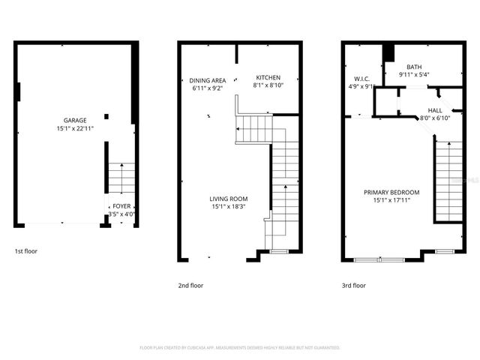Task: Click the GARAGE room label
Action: click(74, 120)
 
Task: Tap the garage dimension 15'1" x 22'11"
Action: click(74, 128)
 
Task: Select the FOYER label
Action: click(121, 206)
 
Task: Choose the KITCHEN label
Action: click(268, 78)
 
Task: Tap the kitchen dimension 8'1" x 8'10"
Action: click(268, 85)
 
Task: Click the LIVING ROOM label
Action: click(228, 198)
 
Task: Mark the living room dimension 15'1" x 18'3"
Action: click(228, 206)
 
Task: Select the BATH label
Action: click(415, 67)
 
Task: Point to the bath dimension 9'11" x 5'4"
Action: click(415, 75)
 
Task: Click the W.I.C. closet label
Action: click(363, 78)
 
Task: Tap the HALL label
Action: click(435, 109)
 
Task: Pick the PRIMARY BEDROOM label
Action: click(392, 193)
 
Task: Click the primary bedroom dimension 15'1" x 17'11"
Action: click(392, 200)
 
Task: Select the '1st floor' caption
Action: click(26, 252)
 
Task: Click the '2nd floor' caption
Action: click(190, 285)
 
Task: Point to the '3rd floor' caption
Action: click(354, 285)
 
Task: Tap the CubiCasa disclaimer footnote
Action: click(240, 348)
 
